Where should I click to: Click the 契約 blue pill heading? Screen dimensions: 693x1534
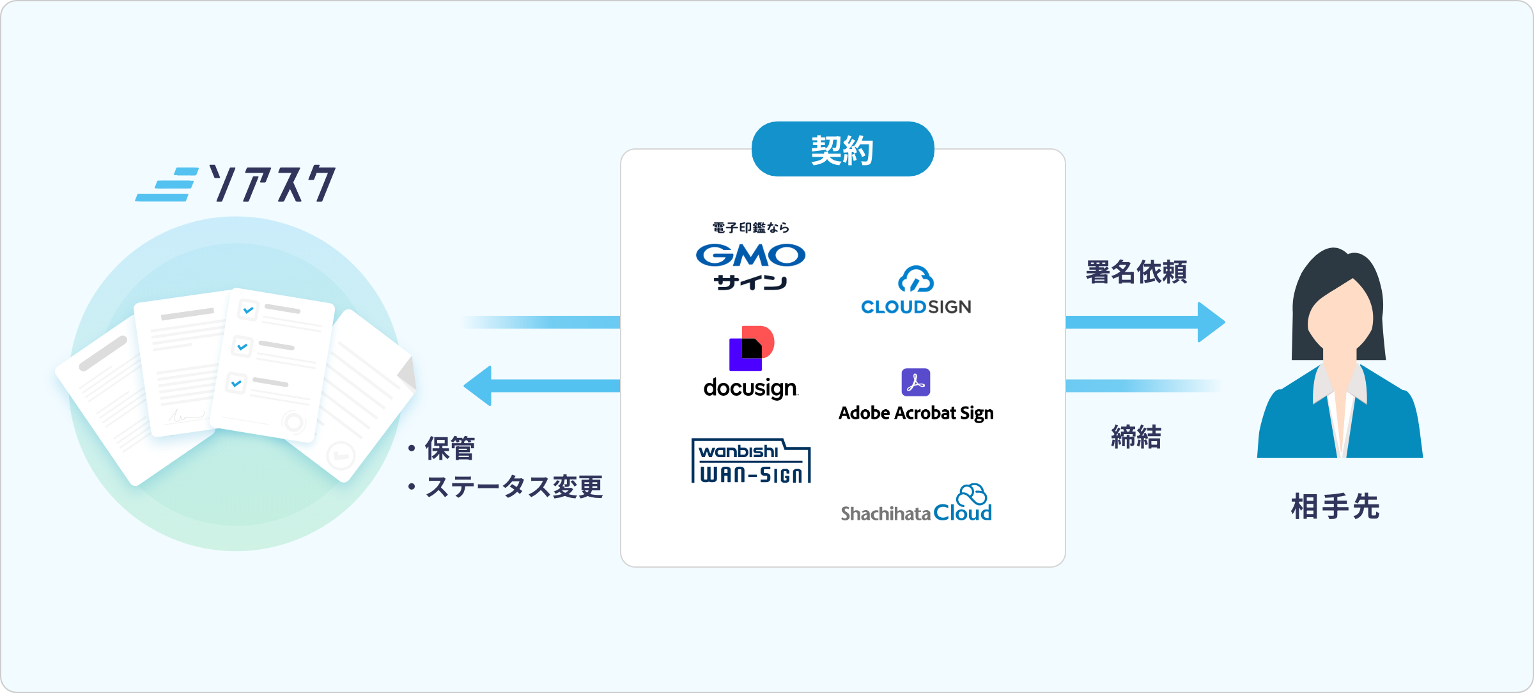[842, 150]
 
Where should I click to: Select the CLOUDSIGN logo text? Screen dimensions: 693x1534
[916, 308]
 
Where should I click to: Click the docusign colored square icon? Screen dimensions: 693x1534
[751, 348]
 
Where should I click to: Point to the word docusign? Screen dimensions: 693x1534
[750, 388]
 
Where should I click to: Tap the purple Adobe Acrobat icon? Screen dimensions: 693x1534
[915, 382]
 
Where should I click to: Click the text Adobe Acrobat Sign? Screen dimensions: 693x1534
[916, 414]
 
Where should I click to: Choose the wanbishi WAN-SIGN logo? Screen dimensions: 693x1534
[751, 461]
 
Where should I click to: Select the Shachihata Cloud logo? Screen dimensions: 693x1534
[916, 504]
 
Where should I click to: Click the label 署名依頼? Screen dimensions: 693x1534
[1136, 272]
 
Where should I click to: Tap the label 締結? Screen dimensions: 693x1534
[1136, 437]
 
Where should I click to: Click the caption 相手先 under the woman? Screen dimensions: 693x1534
[1335, 507]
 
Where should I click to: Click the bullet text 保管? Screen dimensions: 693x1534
[450, 449]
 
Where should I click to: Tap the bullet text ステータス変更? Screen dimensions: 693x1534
[514, 487]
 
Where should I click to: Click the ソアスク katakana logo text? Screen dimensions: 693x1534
[272, 184]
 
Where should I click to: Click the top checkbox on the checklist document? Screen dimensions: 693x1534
[248, 310]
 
